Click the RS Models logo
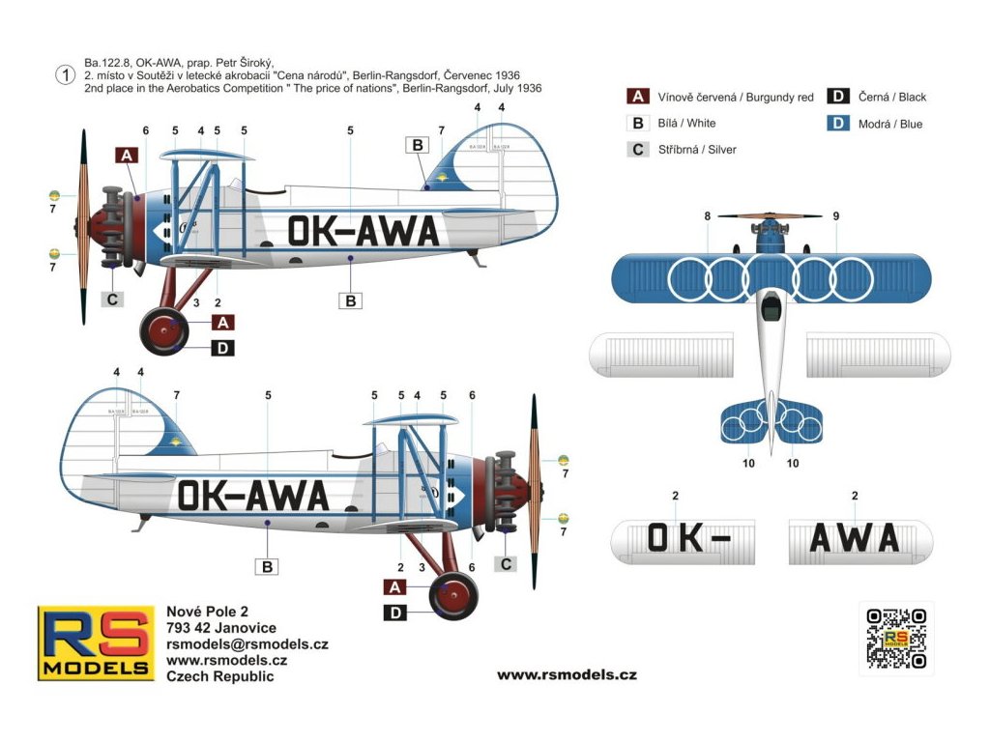pos(96,642)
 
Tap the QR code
pos(896,638)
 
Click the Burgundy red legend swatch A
pos(638,97)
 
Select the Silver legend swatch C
pos(638,150)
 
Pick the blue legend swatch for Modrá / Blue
pos(839,124)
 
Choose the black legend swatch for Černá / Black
pos(839,97)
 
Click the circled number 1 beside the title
pos(66,75)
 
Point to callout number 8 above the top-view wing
pos(708,216)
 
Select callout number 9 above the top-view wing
pos(835,216)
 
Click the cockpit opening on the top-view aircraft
pos(771,308)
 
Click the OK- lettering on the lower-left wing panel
pos(687,538)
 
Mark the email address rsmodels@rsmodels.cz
pos(247,644)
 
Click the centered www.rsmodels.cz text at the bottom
pos(567,674)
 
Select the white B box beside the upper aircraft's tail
pos(418,145)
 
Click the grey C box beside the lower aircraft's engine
pos(506,563)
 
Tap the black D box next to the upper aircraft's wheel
pos(222,348)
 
